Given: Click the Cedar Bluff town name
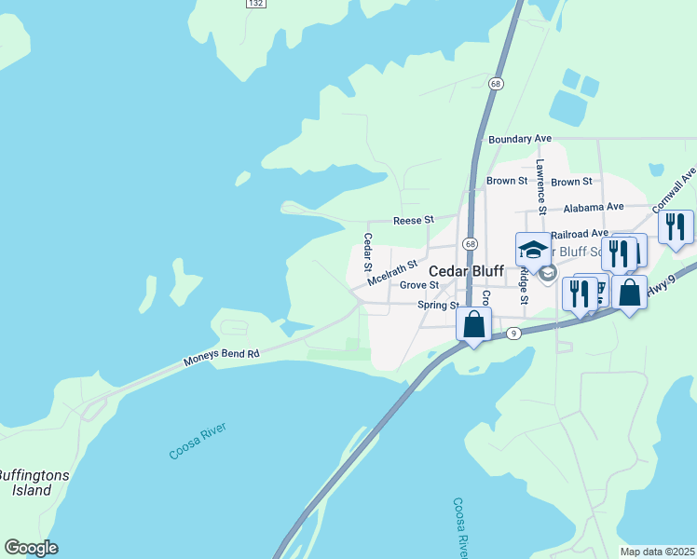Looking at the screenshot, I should pyautogui.click(x=465, y=269).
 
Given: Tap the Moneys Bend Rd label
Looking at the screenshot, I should pyautogui.click(x=221, y=355).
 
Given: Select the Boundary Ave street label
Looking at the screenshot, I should pyautogui.click(x=520, y=139).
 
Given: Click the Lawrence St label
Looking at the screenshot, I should pyautogui.click(x=540, y=181).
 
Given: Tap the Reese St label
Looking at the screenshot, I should pyautogui.click(x=414, y=220).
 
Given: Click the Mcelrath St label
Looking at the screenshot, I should pyautogui.click(x=391, y=272).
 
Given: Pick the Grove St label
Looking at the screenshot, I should pyautogui.click(x=418, y=285).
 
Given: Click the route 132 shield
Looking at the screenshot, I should pyautogui.click(x=256, y=5).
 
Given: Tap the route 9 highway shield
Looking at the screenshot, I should pyautogui.click(x=513, y=332).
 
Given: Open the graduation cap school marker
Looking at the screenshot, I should pyautogui.click(x=533, y=250).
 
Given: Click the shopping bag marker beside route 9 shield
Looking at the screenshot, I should pyautogui.click(x=473, y=324).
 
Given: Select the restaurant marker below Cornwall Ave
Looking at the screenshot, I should pyautogui.click(x=676, y=227).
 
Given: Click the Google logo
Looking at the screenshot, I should pyautogui.click(x=31, y=548).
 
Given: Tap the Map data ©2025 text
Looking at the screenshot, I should pyautogui.click(x=657, y=552).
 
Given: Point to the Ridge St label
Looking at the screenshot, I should pyautogui.click(x=524, y=285).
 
